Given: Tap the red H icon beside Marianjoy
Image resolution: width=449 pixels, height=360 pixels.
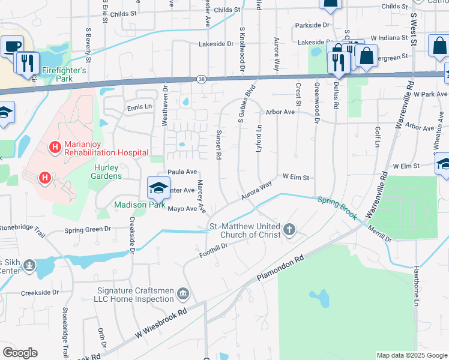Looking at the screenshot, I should pos(55,146).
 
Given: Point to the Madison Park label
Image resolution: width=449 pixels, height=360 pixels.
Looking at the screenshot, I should pos(140,205).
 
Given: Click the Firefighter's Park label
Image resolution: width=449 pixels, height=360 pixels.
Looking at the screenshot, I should pos(64,70).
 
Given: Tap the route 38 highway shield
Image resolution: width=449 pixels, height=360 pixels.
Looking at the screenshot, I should pos(200,79).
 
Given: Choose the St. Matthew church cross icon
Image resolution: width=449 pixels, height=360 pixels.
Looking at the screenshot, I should pos(289,229).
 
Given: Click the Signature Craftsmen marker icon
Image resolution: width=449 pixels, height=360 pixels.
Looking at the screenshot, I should pos(183,294).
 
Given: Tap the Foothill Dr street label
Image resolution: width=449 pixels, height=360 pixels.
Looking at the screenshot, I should pos(214,250).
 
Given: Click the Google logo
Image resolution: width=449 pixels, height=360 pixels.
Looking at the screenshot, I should pos(20,353).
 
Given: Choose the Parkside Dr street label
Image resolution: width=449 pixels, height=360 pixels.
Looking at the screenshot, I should pos(312,25).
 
